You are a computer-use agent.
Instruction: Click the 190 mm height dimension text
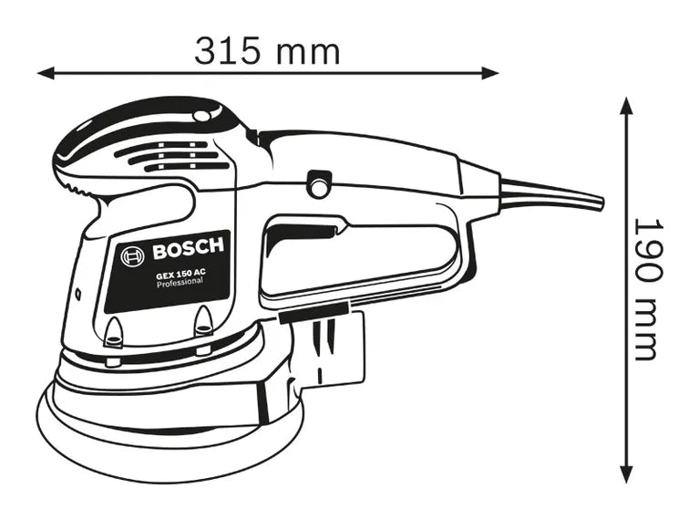point(644,287)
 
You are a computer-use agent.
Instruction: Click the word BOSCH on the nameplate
point(187,249)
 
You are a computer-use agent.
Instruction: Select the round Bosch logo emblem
point(132,256)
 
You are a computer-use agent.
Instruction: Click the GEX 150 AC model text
point(179,273)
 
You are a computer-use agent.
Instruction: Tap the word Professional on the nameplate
point(179,285)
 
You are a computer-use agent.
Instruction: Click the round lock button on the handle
point(318,185)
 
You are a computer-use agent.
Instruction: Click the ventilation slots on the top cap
point(178,156)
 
